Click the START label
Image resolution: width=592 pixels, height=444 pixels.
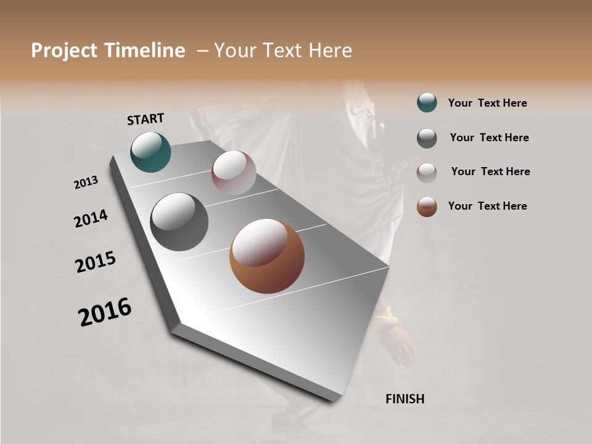(146, 119)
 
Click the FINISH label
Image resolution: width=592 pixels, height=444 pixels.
(405, 399)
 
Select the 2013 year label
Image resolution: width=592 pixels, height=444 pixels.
(86, 183)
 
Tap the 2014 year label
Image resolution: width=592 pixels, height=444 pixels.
(91, 218)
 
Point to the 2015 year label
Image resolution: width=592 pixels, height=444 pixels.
(96, 262)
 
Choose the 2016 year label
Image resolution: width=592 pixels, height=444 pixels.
(105, 311)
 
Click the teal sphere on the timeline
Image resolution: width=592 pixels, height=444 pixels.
(150, 152)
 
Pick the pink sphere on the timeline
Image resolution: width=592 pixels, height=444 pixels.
(234, 173)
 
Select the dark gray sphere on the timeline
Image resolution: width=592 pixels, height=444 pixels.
(179, 222)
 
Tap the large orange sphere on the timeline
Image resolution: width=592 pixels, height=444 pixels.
(267, 256)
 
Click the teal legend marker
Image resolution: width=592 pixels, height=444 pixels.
(427, 103)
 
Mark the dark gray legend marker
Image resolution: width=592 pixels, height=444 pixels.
(427, 138)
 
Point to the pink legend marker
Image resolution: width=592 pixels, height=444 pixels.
(427, 173)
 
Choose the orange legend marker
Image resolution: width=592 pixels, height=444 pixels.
(427, 207)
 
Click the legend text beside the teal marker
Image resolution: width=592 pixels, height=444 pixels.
(487, 103)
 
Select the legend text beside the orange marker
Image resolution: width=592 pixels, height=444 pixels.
(487, 206)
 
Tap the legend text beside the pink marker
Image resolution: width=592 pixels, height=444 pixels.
(490, 171)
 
